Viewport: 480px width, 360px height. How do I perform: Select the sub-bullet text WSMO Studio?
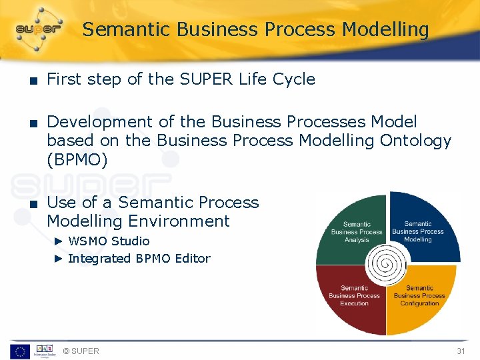click(x=109, y=241)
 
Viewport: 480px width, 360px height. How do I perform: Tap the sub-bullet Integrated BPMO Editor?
click(x=139, y=259)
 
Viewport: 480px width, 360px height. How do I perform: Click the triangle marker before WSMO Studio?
click(x=58, y=241)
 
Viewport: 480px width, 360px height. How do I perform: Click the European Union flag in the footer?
click(x=19, y=351)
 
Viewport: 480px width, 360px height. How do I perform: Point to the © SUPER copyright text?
click(x=81, y=351)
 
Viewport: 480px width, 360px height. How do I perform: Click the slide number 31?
click(x=460, y=351)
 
